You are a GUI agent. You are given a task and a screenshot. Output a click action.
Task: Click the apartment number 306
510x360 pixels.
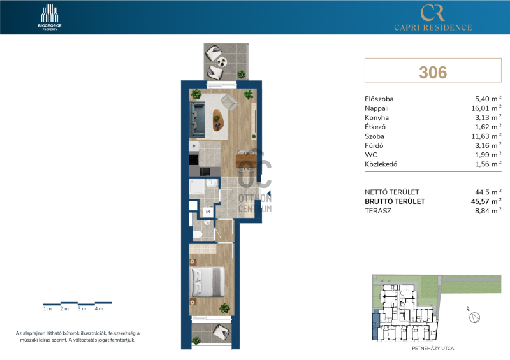pos(433,72)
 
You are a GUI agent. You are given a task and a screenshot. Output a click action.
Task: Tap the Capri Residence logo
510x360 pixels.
pos(433,18)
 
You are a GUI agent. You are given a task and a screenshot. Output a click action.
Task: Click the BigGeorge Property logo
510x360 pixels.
pos(50,18)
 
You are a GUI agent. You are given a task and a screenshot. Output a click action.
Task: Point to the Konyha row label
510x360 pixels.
pos(377,117)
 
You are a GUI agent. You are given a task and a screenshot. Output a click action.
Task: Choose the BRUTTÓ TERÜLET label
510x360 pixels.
pos(395,201)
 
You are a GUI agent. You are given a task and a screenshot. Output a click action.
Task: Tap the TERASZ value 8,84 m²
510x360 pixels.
pos(488,211)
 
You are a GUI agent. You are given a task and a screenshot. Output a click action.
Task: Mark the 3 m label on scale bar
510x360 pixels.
pos(82,308)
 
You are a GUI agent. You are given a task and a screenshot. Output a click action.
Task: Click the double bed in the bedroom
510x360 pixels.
pos(207,282)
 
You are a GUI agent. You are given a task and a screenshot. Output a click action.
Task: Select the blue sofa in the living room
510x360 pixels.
pos(197,119)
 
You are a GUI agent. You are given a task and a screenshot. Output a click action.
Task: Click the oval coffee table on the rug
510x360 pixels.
pos(220,120)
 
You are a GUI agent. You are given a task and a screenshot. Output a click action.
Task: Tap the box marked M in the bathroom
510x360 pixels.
pos(208,212)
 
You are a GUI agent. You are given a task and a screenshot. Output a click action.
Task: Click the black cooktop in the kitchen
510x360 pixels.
pos(194,159)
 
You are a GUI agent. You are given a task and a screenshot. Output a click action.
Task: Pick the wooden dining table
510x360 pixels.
pos(247,161)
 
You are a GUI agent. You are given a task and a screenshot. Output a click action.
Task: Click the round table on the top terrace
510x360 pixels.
pos(221,61)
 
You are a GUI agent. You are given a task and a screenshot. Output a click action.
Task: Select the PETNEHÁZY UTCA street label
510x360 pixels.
pos(433,349)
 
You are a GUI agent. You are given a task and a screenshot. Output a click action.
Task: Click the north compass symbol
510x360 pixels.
pos(475,317)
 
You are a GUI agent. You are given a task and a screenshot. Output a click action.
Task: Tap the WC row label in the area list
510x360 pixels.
pos(371,155)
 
